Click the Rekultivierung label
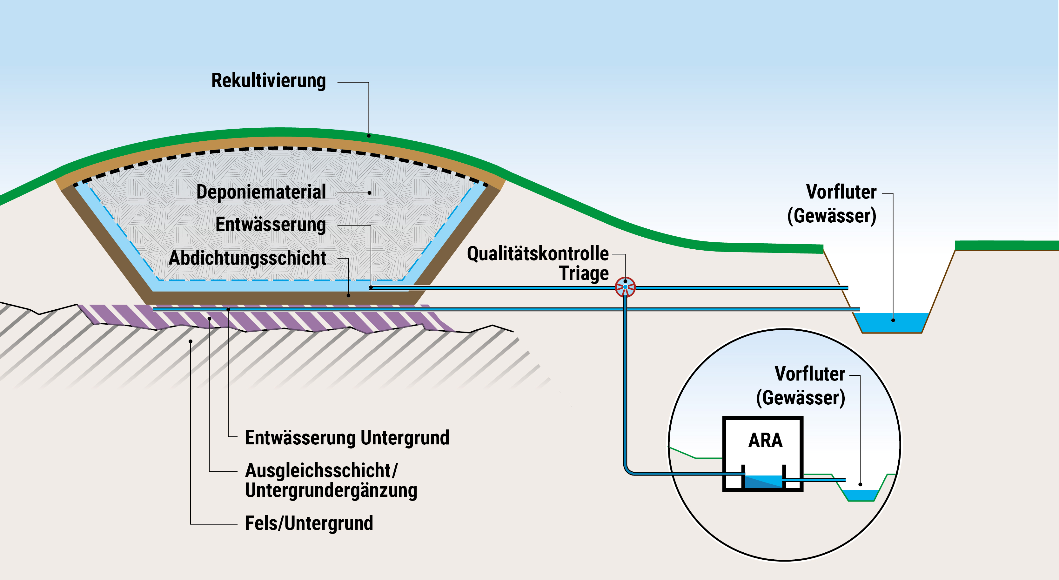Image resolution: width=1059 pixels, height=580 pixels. coord(268,81)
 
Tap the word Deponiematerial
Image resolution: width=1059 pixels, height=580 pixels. coord(261,192)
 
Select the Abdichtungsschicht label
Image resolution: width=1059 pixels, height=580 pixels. coord(247,258)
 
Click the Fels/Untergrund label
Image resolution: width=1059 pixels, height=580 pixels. coord(309,523)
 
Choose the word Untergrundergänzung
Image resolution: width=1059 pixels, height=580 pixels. coord(331,490)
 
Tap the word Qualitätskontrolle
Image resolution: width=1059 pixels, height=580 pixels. coord(537,253)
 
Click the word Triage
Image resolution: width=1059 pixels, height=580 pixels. coord(584,273)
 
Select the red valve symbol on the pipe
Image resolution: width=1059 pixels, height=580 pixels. coord(625,287)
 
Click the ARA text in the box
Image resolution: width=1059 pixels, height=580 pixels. coord(765,440)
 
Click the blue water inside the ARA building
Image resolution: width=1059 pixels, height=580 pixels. coord(763,482)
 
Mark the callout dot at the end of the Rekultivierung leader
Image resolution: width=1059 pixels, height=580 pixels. coord(369,136)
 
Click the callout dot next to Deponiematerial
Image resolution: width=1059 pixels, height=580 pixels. coord(370,192)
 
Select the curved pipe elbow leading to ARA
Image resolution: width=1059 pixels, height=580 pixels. coord(628,470)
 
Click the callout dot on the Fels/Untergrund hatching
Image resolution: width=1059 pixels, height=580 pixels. coord(190,341)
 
